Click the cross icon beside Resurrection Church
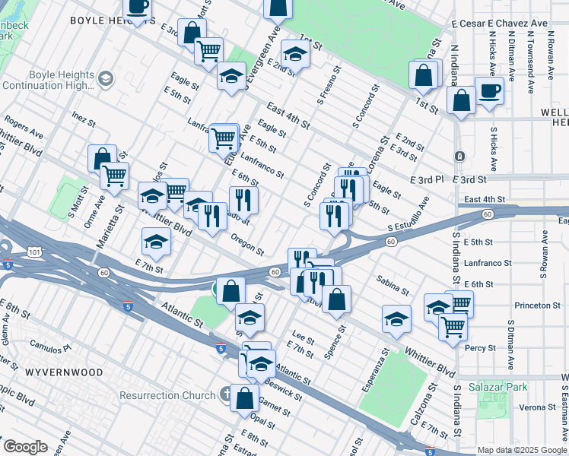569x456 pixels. point(226,394)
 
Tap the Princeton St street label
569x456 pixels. point(537,306)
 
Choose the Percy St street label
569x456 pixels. point(481,348)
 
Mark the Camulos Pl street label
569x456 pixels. point(49,346)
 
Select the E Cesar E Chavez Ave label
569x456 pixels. point(500,24)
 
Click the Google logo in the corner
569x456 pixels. point(24,447)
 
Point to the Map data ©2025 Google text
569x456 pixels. point(522,450)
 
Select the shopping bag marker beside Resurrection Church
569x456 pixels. point(245,397)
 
